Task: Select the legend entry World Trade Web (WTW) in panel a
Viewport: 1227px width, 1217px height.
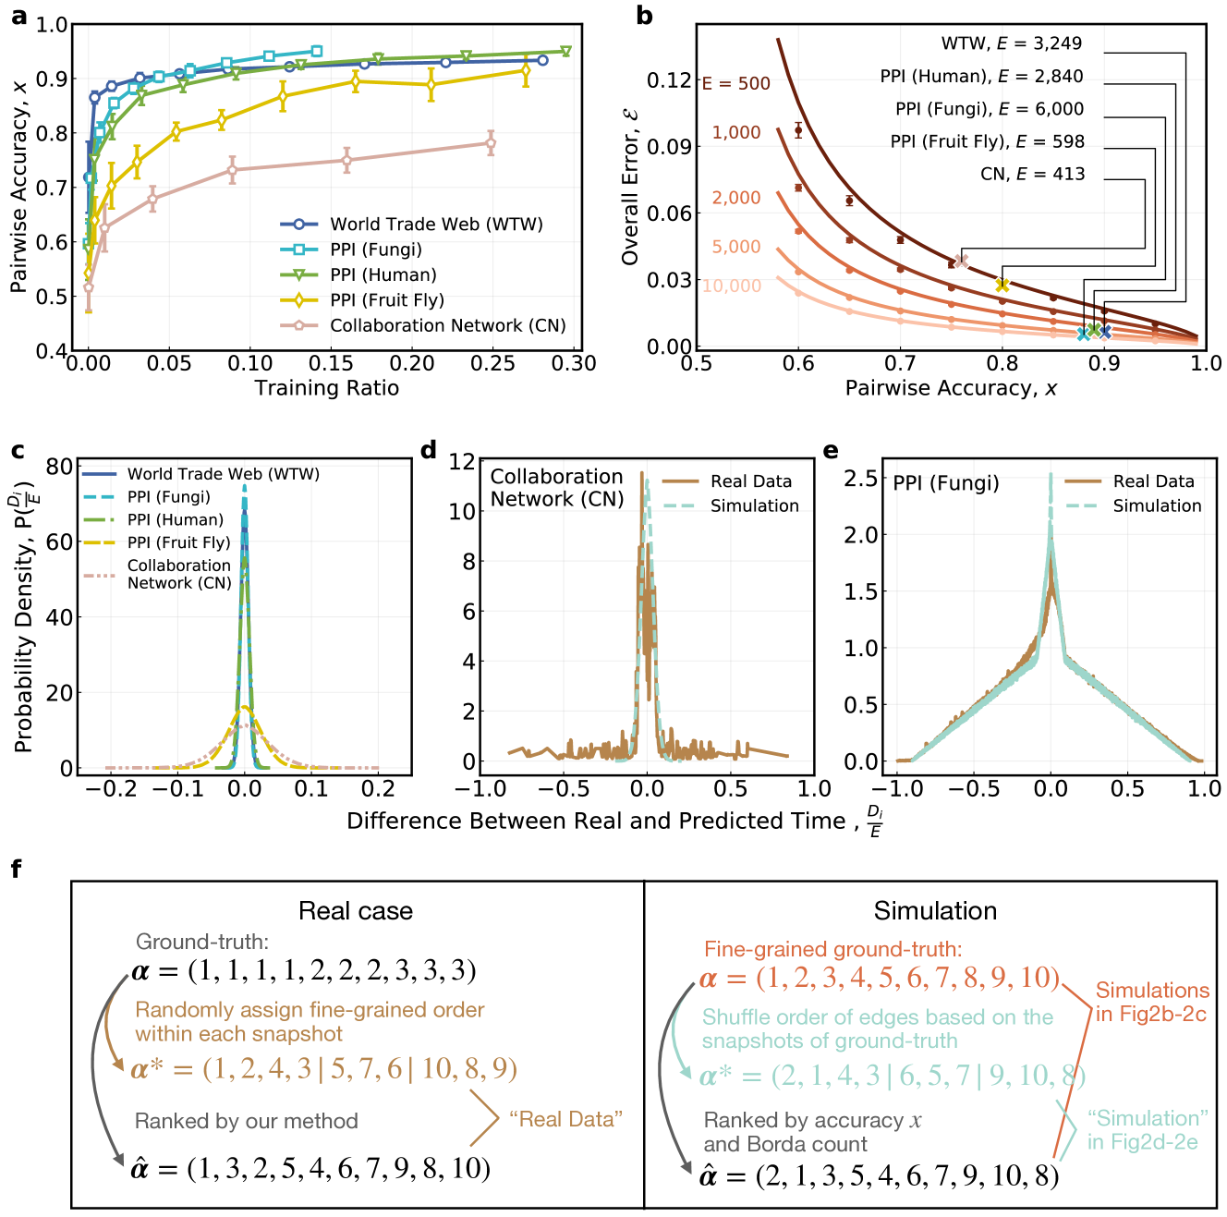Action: pyautogui.click(x=435, y=225)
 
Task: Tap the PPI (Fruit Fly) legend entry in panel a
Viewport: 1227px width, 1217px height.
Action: pyautogui.click(x=386, y=300)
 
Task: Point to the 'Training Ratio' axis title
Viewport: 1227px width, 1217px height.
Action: pyautogui.click(x=327, y=388)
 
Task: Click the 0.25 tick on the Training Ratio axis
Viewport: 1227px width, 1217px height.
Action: pyautogui.click(x=492, y=364)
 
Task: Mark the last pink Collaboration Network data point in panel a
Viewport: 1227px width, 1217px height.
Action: pyautogui.click(x=491, y=142)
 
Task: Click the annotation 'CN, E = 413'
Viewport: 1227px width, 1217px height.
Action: pyautogui.click(x=1032, y=175)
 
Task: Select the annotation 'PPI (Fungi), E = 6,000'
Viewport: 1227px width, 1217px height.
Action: pyautogui.click(x=989, y=109)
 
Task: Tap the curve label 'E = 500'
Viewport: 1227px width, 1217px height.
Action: pyautogui.click(x=736, y=84)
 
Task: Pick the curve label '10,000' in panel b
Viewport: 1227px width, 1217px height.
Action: pyautogui.click(x=732, y=286)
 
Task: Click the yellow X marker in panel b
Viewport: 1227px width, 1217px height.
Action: pyautogui.click(x=1002, y=285)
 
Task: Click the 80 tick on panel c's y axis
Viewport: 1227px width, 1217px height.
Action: pyautogui.click(x=59, y=467)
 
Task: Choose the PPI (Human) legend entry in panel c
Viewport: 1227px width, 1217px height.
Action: pyautogui.click(x=175, y=520)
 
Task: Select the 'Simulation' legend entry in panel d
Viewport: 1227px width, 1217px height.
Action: pyautogui.click(x=754, y=506)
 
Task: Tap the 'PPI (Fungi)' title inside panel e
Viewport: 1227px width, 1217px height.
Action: pyautogui.click(x=946, y=483)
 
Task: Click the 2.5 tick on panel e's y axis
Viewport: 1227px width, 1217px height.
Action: pyautogui.click(x=861, y=478)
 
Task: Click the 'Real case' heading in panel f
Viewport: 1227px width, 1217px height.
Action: pyautogui.click(x=356, y=912)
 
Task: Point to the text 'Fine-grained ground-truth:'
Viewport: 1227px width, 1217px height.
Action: pyautogui.click(x=832, y=949)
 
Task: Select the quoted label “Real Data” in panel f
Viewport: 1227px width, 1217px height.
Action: pyautogui.click(x=565, y=1120)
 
